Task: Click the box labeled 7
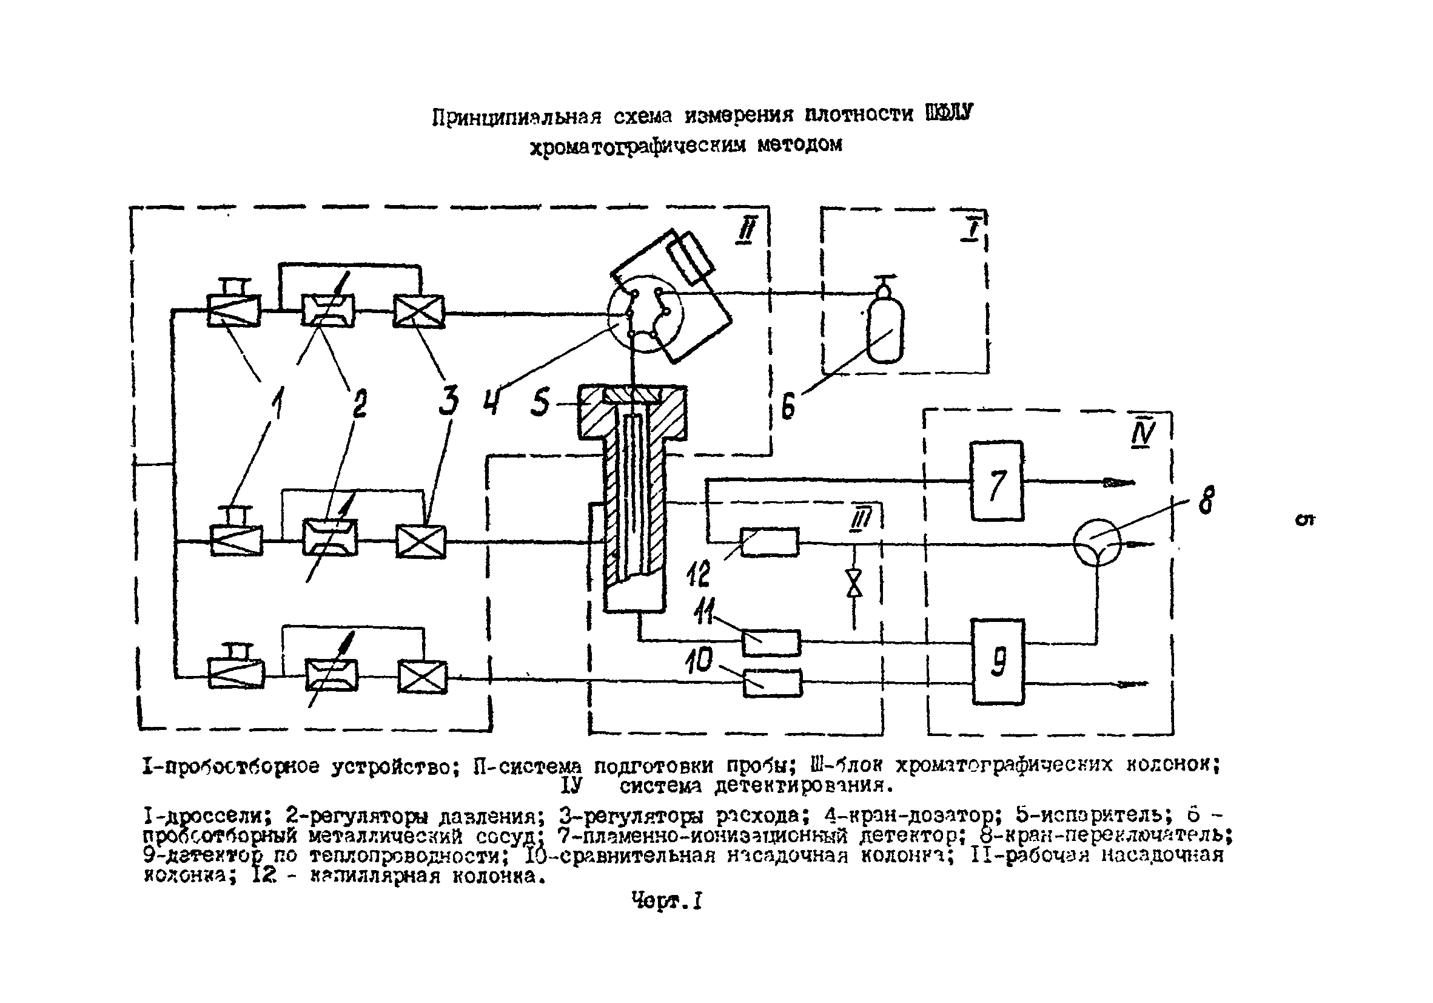pyautogui.click(x=996, y=481)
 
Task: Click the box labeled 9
pyautogui.click(x=998, y=662)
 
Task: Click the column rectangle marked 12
pyautogui.click(x=769, y=542)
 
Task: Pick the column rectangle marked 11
pyautogui.click(x=771, y=643)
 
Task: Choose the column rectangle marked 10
pyautogui.click(x=772, y=683)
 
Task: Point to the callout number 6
pyautogui.click(x=788, y=407)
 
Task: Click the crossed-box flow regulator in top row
pyautogui.click(x=419, y=311)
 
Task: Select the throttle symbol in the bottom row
pyautogui.click(x=235, y=674)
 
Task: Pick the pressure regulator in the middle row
pyautogui.click(x=330, y=537)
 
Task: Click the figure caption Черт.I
pyautogui.click(x=666, y=901)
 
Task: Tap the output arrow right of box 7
pyautogui.click(x=1118, y=482)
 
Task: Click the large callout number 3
pyautogui.click(x=448, y=400)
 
